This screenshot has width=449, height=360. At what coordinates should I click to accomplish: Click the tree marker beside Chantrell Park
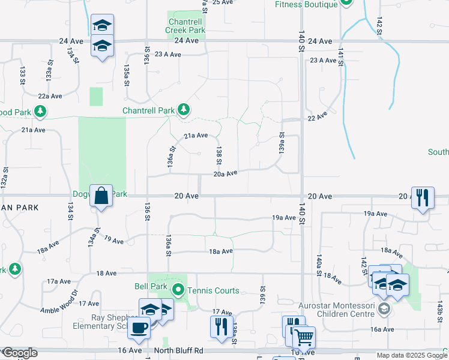click(x=184, y=110)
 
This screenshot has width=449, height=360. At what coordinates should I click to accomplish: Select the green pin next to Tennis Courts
click(x=178, y=291)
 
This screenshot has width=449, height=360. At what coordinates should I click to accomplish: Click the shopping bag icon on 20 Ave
click(x=101, y=196)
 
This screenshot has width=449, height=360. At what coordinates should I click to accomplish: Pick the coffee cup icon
click(x=140, y=328)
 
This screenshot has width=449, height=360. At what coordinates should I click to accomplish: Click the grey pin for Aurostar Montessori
click(x=385, y=309)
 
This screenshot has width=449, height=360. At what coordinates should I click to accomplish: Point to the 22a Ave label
click(x=50, y=96)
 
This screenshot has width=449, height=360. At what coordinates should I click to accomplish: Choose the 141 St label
click(x=340, y=57)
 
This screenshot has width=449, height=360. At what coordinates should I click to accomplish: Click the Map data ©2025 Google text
click(x=411, y=355)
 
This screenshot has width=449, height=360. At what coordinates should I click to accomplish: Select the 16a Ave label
click(x=382, y=329)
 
